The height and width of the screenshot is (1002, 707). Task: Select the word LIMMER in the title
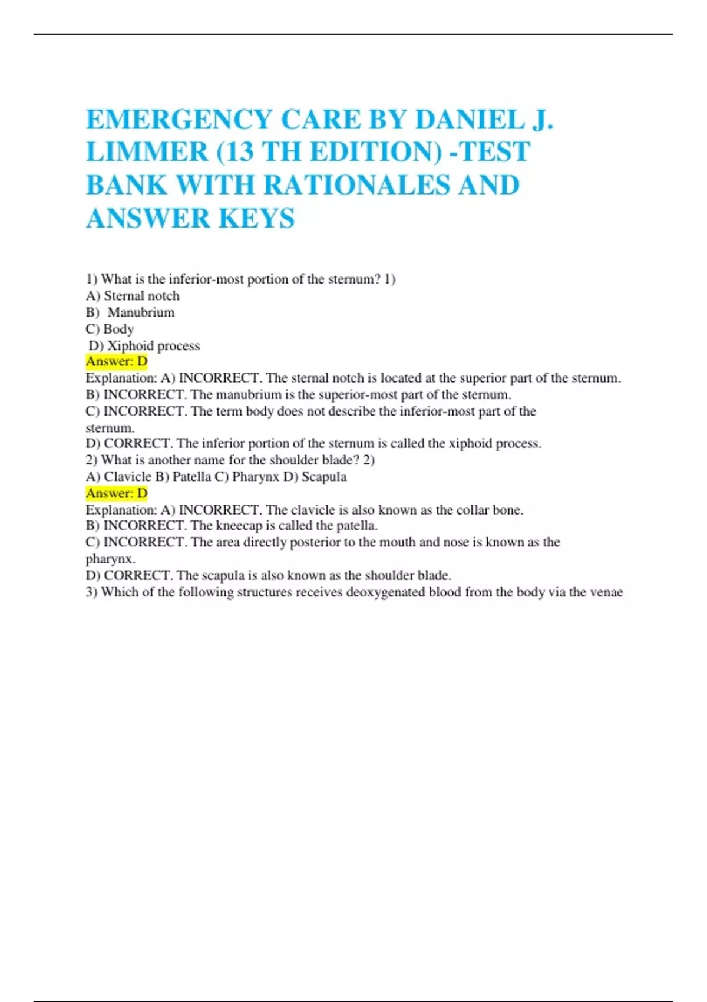click(x=147, y=152)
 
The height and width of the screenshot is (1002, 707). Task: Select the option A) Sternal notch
click(x=133, y=296)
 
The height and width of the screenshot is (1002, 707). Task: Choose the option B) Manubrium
click(x=130, y=312)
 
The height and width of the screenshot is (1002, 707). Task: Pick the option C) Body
click(x=110, y=329)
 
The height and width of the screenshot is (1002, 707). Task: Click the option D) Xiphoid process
click(x=144, y=345)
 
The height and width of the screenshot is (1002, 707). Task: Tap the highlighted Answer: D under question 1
click(x=117, y=361)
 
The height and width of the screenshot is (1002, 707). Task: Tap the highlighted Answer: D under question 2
click(x=117, y=493)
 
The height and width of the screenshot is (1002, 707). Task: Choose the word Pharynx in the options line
click(x=256, y=477)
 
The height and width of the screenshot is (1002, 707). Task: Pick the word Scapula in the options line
click(x=324, y=477)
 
